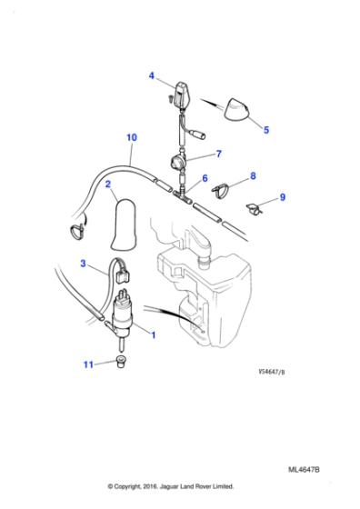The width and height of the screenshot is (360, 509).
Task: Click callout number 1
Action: [153, 334]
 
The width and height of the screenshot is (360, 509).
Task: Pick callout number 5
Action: [266, 130]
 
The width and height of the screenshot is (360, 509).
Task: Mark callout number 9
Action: [283, 197]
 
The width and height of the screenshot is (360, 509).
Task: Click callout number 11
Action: [88, 365]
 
